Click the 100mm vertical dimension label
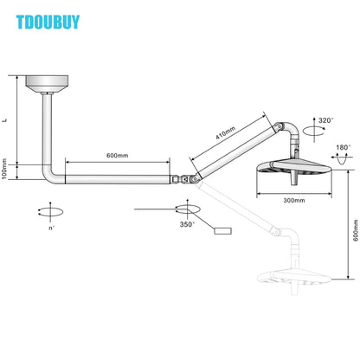6,172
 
